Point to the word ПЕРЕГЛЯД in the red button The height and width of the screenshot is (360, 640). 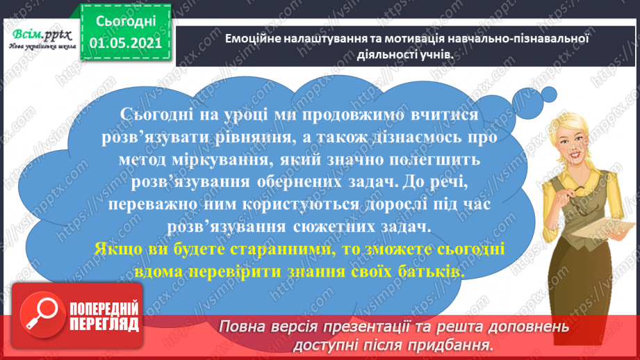[x=104, y=325]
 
